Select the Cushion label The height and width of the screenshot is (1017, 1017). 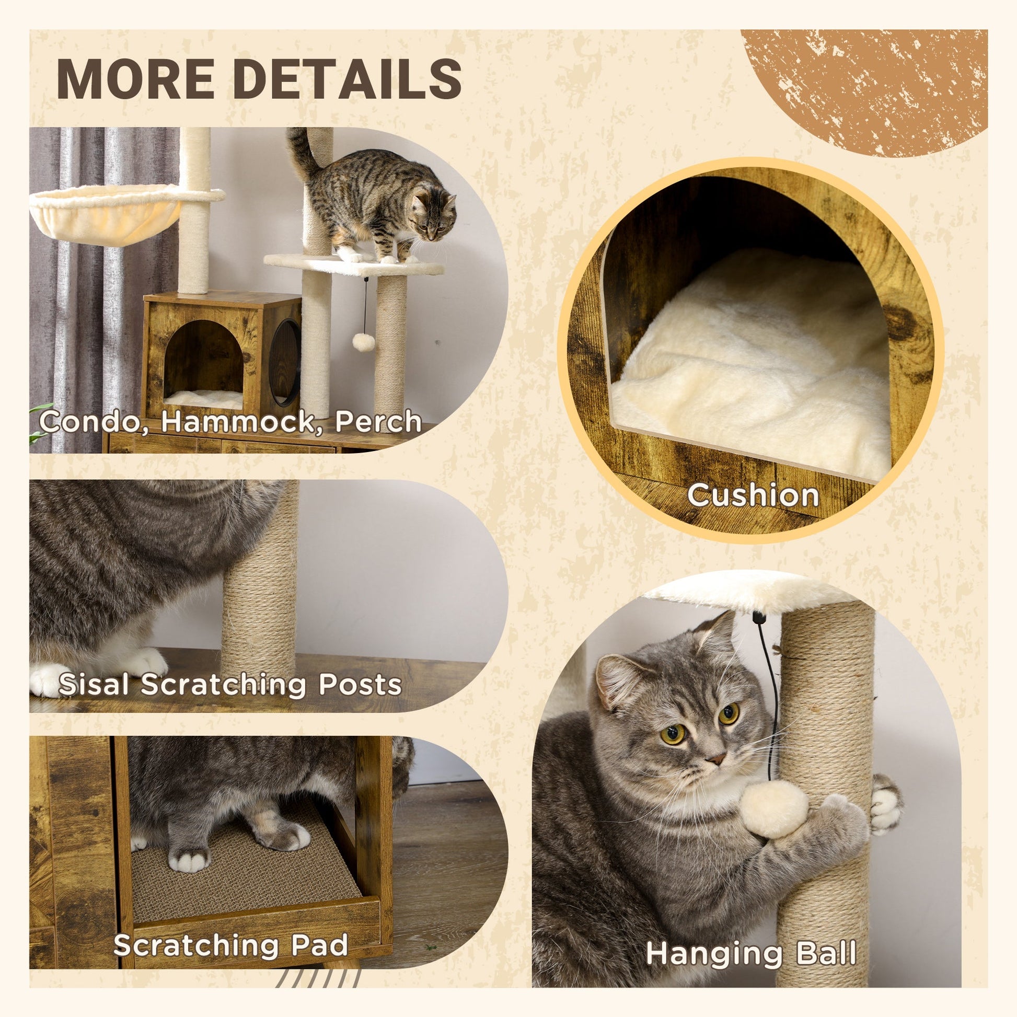pyautogui.click(x=753, y=496)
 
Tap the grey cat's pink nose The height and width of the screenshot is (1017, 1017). pyautogui.click(x=715, y=759)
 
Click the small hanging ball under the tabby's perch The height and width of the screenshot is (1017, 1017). pyautogui.click(x=363, y=342)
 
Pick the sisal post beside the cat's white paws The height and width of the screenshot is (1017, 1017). pyautogui.click(x=259, y=605)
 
